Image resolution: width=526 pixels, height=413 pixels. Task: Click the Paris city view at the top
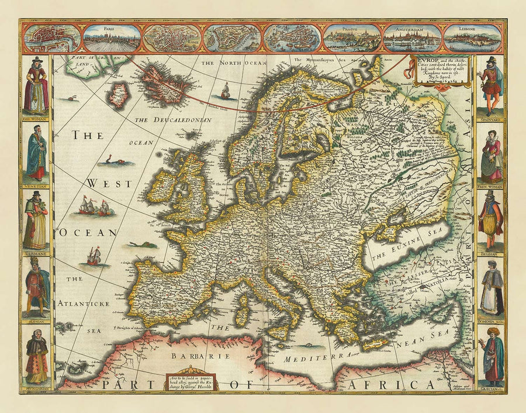pos(112,38)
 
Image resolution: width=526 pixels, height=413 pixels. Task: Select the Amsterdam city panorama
pos(412,38)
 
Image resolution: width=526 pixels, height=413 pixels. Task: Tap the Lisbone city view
pos(472,38)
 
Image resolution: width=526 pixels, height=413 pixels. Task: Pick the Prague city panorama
pos(352,38)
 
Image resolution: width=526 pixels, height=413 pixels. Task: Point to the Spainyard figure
pos(491,85)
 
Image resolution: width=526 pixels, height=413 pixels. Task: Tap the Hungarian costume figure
pos(36,357)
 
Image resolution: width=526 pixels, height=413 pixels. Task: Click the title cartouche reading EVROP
pos(441,70)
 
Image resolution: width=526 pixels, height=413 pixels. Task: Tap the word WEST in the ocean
pos(101,184)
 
